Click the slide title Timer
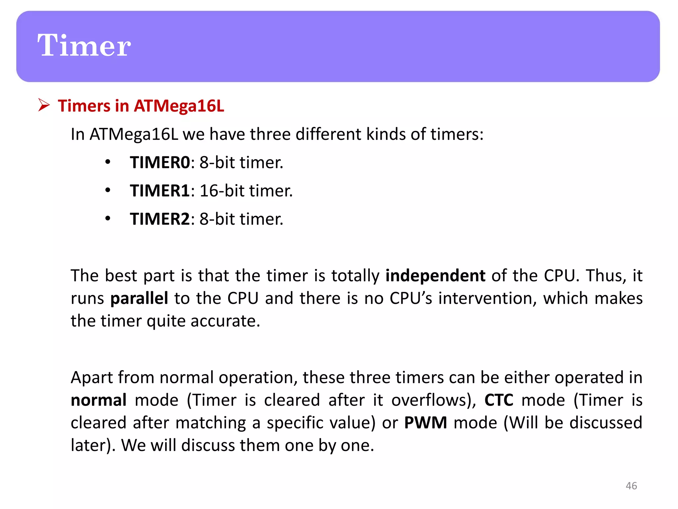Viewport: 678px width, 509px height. [x=84, y=45]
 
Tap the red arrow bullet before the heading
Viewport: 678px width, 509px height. [x=43, y=105]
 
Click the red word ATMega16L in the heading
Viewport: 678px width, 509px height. [x=179, y=106]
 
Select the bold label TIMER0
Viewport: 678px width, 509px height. [x=160, y=162]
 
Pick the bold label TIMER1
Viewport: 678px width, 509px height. [x=160, y=191]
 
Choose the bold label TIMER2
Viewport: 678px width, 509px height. [x=160, y=219]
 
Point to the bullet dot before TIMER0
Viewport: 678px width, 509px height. [x=108, y=162]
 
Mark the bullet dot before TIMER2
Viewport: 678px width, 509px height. [x=108, y=219]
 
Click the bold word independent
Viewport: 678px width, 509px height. [x=435, y=276]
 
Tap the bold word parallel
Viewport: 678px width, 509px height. [x=139, y=298]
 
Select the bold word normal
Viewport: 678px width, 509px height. [x=99, y=400]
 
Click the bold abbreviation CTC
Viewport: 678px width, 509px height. [x=499, y=400]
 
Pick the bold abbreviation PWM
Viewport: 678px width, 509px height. [x=425, y=423]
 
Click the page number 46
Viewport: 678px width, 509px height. [x=631, y=486]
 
